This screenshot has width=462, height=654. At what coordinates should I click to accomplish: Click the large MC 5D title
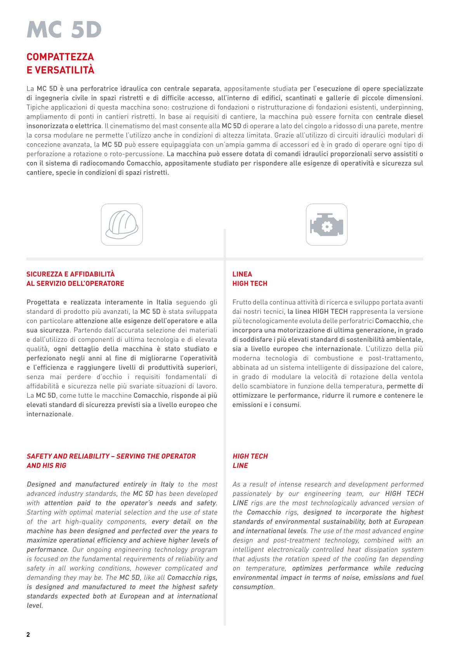point(64,30)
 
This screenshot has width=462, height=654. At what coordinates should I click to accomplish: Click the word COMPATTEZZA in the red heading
point(60,57)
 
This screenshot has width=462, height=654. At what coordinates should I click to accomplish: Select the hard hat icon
point(122,225)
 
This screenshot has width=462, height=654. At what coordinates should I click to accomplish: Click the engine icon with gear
point(327,225)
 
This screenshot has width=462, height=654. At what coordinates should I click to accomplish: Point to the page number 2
point(28,635)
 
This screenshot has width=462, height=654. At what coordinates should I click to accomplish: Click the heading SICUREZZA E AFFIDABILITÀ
point(70,274)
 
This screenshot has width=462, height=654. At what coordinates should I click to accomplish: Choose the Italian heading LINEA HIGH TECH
point(250,279)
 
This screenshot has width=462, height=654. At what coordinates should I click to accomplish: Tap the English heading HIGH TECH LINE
point(250,461)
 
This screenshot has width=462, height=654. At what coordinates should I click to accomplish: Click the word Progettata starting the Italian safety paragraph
point(43,302)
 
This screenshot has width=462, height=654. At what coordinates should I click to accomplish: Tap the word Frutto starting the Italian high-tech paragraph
point(241,302)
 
